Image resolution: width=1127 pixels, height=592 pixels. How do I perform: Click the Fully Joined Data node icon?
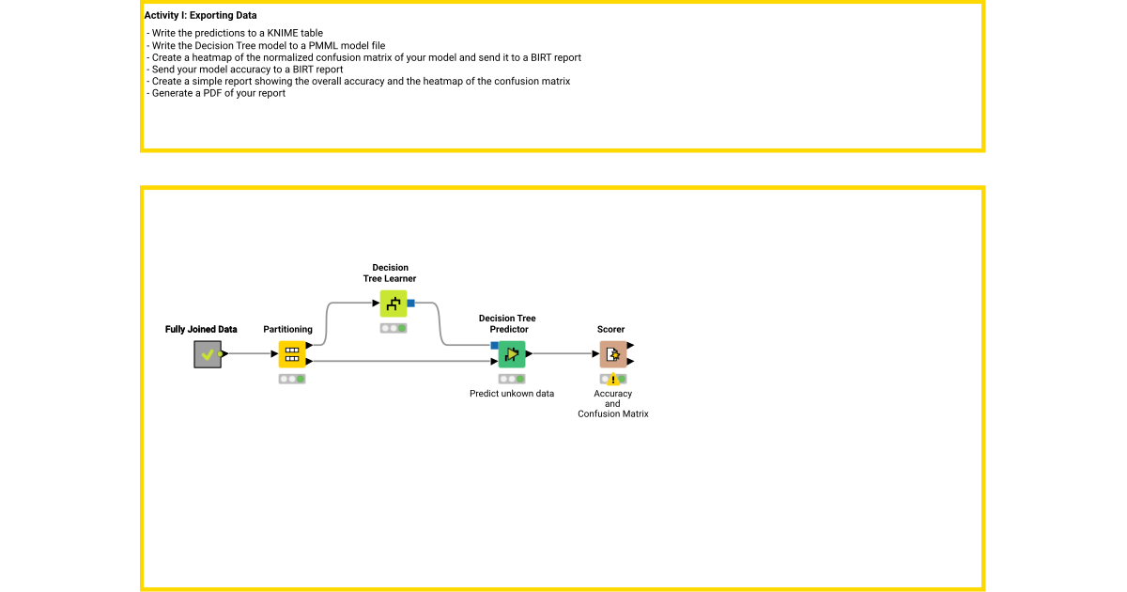click(208, 354)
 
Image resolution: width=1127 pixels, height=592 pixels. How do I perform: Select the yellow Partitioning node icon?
click(292, 354)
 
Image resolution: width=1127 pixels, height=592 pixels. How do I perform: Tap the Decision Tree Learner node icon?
click(394, 304)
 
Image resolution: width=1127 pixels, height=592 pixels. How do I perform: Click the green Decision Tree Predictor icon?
click(512, 354)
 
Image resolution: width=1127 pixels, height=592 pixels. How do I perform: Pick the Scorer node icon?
click(612, 354)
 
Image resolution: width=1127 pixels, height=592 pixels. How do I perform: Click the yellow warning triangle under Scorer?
click(612, 380)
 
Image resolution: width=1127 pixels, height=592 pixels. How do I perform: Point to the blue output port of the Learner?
click(410, 304)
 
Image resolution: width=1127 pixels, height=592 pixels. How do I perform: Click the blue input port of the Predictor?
click(494, 346)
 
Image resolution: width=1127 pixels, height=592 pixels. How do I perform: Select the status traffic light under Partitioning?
click(292, 379)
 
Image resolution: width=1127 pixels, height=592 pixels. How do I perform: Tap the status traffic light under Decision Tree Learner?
click(394, 328)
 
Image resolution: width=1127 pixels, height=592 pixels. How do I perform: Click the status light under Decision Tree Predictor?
click(512, 379)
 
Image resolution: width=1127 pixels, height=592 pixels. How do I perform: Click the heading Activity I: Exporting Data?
click(200, 16)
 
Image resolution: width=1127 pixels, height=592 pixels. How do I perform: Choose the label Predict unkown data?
click(512, 394)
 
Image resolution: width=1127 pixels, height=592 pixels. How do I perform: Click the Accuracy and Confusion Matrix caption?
click(612, 404)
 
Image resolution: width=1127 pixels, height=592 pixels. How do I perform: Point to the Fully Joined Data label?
click(201, 330)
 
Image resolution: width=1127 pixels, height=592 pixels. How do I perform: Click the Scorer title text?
click(610, 330)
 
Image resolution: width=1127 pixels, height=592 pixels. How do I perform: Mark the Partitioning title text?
click(287, 330)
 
